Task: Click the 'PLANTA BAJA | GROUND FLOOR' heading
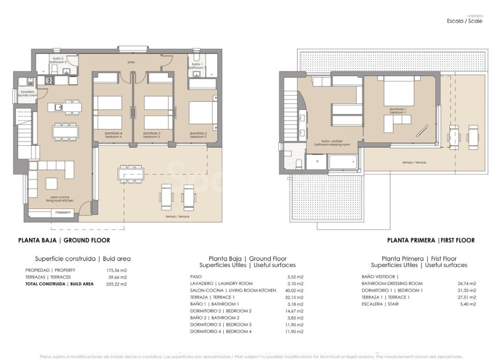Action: tap(64, 240)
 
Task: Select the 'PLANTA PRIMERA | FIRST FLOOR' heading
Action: tap(431, 240)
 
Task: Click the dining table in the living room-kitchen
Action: tap(65, 132)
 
